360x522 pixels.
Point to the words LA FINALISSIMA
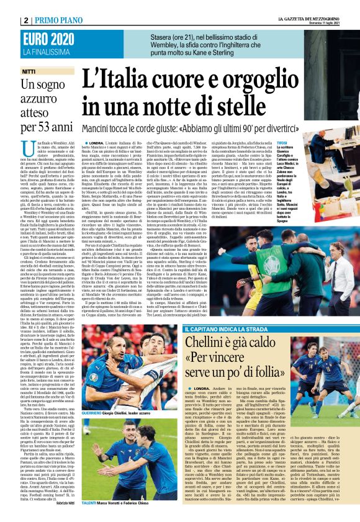click(x=26, y=35)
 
